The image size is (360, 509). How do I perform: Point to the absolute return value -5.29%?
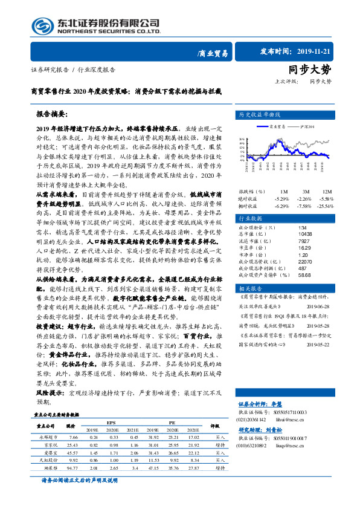click(281, 181)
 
